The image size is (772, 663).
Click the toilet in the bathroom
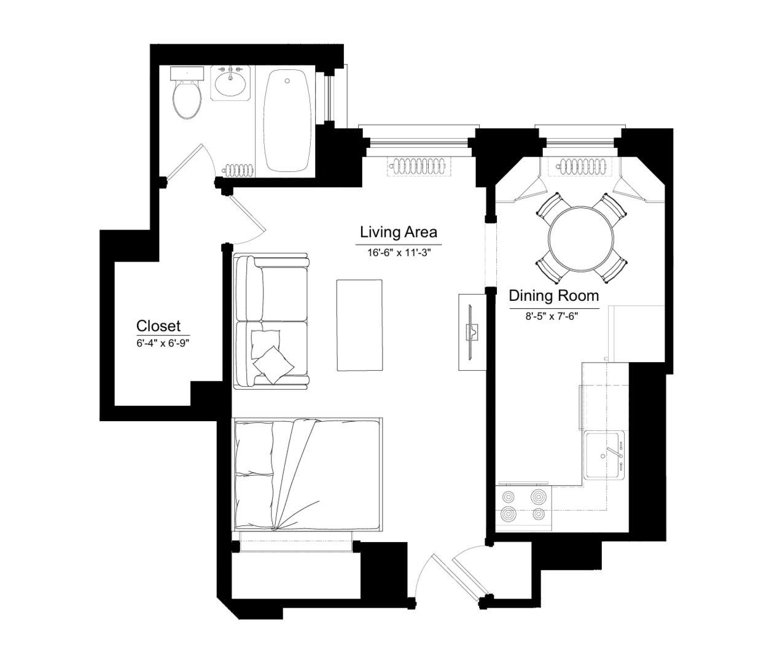187,93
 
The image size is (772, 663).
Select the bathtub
287,121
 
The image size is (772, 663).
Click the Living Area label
398,232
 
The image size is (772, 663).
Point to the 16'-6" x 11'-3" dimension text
399,253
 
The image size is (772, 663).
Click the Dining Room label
554,296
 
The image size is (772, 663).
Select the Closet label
158,326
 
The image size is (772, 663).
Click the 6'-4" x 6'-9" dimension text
163,343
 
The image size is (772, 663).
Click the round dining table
581,238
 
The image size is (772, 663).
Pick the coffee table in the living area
359,325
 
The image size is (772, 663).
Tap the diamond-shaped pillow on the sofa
273,365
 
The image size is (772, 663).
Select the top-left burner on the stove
509,497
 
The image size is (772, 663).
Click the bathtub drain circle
287,80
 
